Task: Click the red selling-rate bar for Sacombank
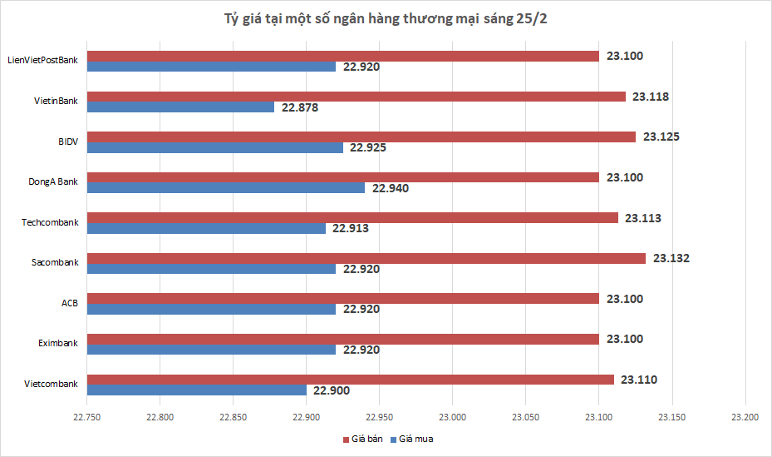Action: pyautogui.click(x=366, y=258)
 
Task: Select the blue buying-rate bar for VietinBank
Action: pyautogui.click(x=180, y=107)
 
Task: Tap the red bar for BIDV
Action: pyautogui.click(x=361, y=137)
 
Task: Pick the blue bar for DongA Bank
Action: pyautogui.click(x=226, y=187)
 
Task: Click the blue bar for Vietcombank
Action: pyautogui.click(x=197, y=390)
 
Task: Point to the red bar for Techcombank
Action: pyautogui.click(x=352, y=217)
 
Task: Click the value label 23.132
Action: pyautogui.click(x=671, y=258)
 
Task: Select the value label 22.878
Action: pyautogui.click(x=300, y=107)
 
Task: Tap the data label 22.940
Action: pyautogui.click(x=391, y=188)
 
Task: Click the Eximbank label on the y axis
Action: pyautogui.click(x=58, y=343)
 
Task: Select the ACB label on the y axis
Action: pyautogui.click(x=70, y=303)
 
